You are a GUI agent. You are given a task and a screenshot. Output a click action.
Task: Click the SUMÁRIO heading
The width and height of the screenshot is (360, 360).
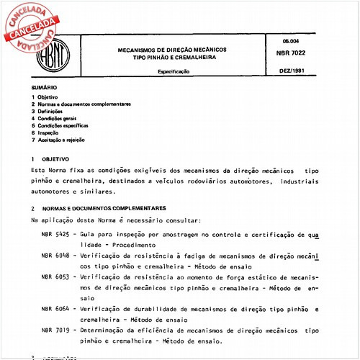pyautogui.click(x=42, y=87)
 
